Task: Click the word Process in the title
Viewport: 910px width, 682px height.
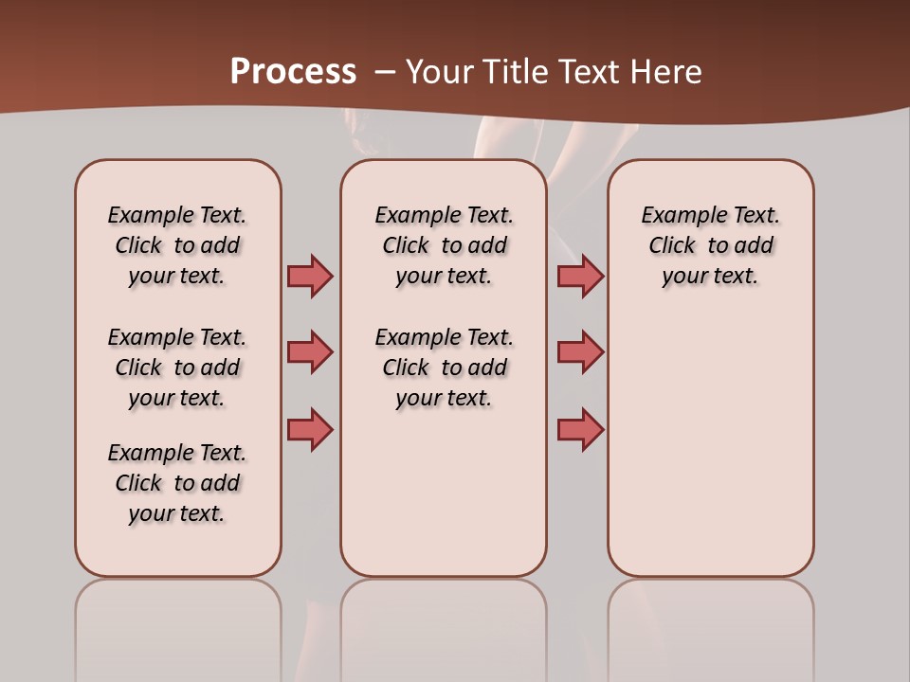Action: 293,71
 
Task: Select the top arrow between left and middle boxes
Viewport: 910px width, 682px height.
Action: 310,276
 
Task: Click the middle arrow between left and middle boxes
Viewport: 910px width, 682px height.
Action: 310,351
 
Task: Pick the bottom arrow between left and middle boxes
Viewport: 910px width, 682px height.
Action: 310,429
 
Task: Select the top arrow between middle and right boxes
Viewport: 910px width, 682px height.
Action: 580,276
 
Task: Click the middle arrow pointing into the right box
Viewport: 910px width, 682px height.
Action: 580,351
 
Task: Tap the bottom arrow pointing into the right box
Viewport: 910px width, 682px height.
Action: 580,429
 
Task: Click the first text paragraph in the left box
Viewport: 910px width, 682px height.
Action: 177,245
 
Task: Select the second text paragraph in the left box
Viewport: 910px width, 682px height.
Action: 177,368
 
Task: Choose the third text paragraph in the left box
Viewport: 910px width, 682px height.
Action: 177,483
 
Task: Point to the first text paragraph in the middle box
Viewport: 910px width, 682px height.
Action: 444,245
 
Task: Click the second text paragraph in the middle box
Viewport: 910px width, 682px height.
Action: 444,368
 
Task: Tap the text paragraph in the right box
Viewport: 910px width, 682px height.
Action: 711,245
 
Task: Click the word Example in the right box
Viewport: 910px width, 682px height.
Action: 677,215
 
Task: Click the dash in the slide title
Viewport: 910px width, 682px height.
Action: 385,71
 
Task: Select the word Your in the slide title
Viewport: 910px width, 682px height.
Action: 441,71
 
